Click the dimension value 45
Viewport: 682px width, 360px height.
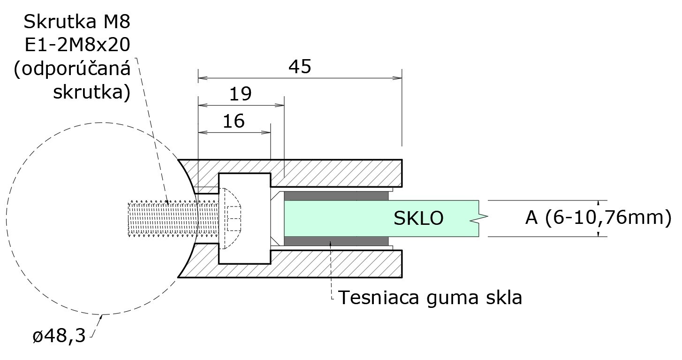(300, 67)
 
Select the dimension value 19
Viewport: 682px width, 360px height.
(241, 94)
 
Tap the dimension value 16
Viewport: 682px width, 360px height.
(234, 122)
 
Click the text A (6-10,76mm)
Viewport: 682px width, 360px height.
(598, 218)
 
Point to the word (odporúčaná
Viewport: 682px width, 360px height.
(72, 69)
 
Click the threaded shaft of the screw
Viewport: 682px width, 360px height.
(169, 218)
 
